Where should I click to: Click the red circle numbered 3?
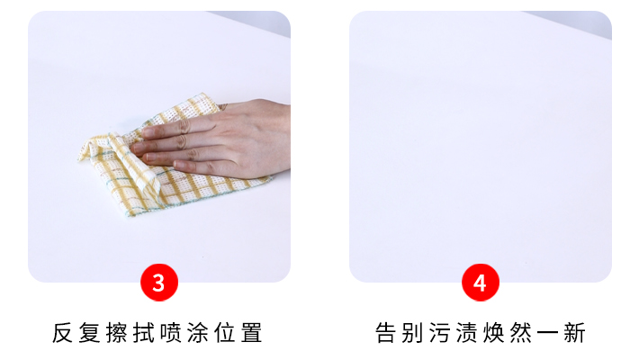[159, 282]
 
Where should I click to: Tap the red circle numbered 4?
[480, 282]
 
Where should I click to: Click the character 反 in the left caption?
[62, 333]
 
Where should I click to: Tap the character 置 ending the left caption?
[251, 333]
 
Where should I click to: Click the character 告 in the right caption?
[385, 333]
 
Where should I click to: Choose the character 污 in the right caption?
[439, 333]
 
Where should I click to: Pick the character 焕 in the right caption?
[493, 333]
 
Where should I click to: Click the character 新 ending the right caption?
[574, 333]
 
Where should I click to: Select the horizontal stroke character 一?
[547, 333]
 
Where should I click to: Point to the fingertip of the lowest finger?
[177, 165]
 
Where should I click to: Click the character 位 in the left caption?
[224, 333]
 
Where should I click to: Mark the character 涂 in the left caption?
[198, 333]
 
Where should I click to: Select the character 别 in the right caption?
[412, 333]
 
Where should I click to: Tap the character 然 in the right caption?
[520, 333]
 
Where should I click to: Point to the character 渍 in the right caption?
[466, 333]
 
